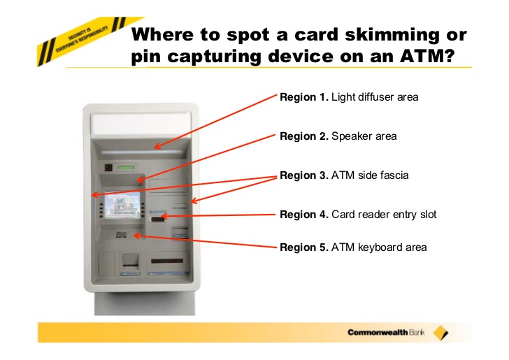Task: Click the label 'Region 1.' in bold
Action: click(x=303, y=97)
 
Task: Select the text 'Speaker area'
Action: click(x=364, y=136)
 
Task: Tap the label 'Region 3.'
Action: click(x=303, y=175)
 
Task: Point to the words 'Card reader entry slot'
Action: click(x=383, y=215)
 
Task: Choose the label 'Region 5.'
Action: click(x=303, y=247)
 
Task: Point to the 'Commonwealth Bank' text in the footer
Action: click(x=387, y=332)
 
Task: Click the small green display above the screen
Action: click(x=127, y=168)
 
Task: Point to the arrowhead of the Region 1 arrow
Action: click(x=156, y=147)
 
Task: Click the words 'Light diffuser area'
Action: click(x=375, y=97)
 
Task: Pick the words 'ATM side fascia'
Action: click(x=369, y=175)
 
